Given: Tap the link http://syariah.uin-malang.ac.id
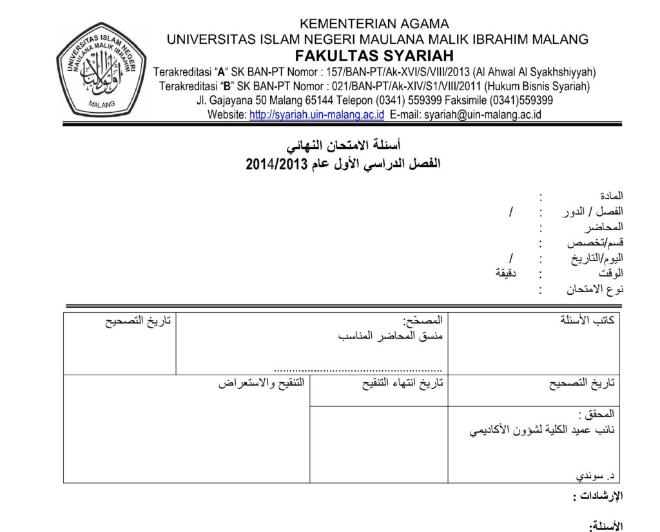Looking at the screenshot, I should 316,115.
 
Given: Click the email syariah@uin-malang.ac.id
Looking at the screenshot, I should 481,115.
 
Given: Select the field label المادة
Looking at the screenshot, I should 611,195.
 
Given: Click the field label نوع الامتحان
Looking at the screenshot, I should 596,290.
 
